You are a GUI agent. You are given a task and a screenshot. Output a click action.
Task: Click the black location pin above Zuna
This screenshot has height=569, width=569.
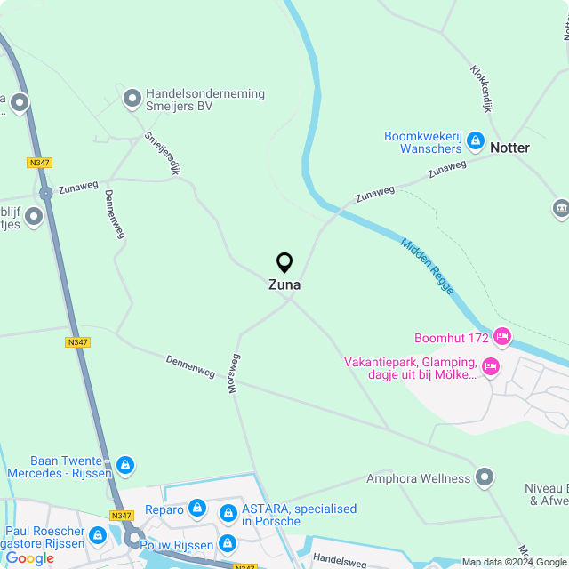click(284, 262)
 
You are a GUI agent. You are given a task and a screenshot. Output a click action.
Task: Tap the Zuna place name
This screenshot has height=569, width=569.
click(284, 285)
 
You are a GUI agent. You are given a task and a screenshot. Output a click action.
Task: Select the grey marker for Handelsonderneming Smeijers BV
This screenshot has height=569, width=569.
click(132, 99)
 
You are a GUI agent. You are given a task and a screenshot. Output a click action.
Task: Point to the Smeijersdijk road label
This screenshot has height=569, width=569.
click(162, 154)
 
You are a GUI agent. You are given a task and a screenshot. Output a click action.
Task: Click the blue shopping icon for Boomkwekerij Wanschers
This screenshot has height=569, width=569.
click(476, 141)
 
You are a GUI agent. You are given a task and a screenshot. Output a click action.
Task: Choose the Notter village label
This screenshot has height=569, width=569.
click(509, 148)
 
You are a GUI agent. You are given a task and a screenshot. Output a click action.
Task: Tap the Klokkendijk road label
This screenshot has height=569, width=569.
click(481, 87)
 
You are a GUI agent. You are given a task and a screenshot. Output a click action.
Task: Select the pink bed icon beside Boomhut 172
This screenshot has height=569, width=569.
click(502, 337)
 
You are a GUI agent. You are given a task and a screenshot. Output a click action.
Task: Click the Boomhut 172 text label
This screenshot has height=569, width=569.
click(452, 338)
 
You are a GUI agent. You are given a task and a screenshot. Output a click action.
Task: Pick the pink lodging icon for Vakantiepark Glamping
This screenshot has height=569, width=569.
click(490, 365)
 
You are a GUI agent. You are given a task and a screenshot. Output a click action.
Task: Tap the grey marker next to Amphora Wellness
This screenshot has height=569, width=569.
click(485, 477)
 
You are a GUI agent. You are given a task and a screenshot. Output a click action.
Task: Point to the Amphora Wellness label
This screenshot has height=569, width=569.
click(418, 478)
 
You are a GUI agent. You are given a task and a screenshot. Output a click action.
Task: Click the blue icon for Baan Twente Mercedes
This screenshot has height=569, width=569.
click(125, 465)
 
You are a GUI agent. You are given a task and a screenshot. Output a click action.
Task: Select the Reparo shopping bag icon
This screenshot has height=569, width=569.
click(197, 509)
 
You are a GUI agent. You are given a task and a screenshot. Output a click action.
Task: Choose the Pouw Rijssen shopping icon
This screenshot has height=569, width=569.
click(228, 542)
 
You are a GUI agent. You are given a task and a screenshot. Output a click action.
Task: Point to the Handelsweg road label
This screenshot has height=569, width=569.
click(340, 560)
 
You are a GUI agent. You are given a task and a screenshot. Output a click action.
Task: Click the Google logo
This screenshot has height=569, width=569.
click(29, 557)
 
